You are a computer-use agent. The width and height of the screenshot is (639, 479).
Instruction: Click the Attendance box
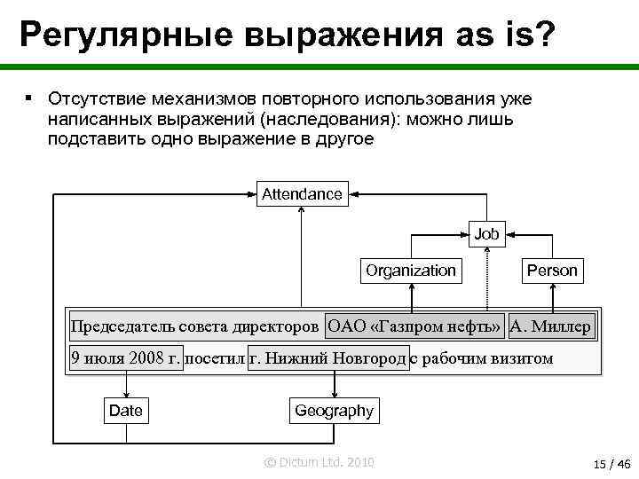tap(302, 193)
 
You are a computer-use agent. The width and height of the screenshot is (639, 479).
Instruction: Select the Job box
tap(486, 235)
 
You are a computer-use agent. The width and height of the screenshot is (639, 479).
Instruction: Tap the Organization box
tap(411, 271)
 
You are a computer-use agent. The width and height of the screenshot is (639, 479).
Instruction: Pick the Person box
tap(552, 271)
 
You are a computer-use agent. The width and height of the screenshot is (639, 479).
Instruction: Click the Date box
tap(125, 411)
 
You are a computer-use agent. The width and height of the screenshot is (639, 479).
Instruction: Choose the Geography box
tap(334, 411)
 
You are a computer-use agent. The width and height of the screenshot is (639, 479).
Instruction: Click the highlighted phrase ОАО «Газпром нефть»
tap(414, 326)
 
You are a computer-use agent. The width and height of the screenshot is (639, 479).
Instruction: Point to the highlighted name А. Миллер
tap(550, 326)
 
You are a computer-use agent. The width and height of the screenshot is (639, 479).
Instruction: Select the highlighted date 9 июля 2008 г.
tap(126, 359)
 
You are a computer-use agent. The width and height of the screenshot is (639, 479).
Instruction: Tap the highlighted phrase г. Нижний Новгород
tap(328, 359)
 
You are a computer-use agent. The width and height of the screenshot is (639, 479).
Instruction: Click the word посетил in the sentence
tap(216, 359)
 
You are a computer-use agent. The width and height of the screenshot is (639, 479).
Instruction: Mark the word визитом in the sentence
tap(521, 359)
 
